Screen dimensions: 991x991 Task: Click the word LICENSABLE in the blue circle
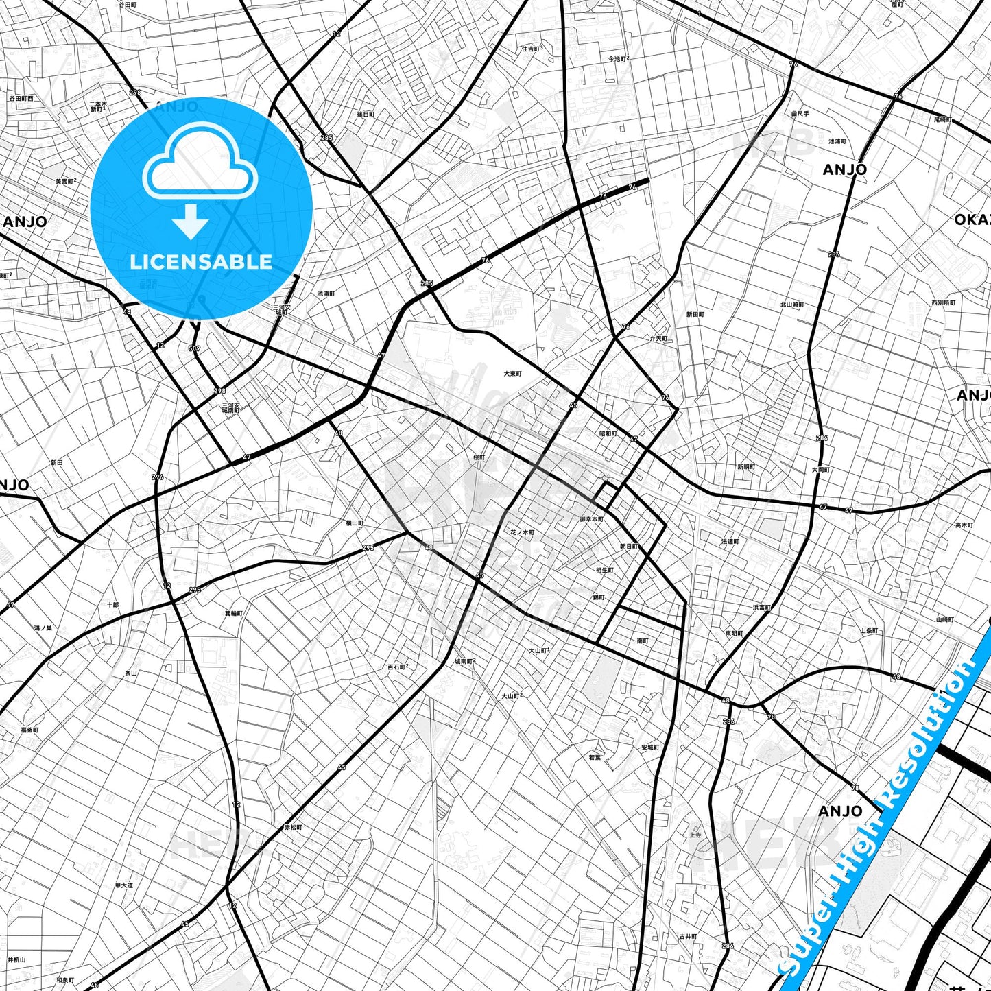coord(201,262)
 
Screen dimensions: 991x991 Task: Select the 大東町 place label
coord(512,374)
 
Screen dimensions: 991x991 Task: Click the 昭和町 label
coord(608,433)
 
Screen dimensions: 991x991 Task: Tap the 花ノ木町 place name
coord(522,532)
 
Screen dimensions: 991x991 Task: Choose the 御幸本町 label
coord(591,519)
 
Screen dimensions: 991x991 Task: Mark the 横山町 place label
coord(355,523)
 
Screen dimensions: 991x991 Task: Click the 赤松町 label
coord(293,827)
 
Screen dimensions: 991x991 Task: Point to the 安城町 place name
coord(650,748)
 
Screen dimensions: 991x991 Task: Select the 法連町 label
coord(730,541)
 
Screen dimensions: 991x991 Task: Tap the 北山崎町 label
coord(792,305)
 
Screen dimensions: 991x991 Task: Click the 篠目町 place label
coord(366,115)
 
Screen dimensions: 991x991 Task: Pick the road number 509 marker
coord(194,348)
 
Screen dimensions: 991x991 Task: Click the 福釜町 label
coord(29,730)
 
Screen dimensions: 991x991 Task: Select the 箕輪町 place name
coord(234,612)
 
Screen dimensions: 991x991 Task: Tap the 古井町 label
coord(688,936)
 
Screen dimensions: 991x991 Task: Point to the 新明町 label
coord(746,467)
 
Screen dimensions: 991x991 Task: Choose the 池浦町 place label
coord(326,294)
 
